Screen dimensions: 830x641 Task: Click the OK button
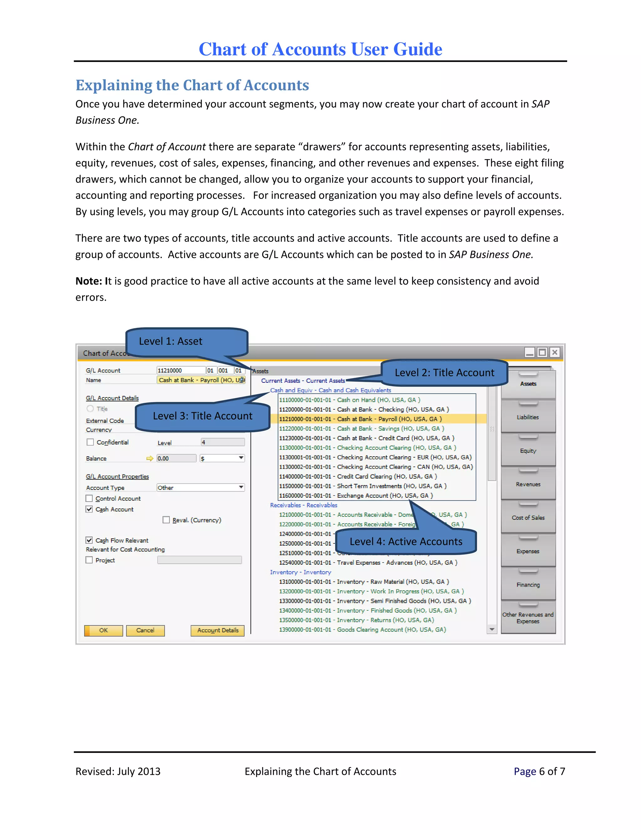103,630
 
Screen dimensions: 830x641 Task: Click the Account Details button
218,630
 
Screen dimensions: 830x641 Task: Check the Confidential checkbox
90,442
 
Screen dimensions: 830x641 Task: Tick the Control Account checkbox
89,498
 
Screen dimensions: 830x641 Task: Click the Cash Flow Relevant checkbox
89,540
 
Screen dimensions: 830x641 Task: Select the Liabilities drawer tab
528,417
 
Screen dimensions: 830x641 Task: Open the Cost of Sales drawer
528,518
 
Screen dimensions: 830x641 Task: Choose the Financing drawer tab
528,585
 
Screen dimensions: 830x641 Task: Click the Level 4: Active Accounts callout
406,542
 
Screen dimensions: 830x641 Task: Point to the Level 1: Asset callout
171,341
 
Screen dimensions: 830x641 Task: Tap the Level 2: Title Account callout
444,373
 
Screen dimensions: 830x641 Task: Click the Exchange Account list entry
356,495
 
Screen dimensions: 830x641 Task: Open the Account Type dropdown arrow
241,488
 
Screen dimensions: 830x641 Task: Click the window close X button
555,352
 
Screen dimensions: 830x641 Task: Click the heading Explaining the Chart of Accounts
192,86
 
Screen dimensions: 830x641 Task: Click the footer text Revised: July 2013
118,771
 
